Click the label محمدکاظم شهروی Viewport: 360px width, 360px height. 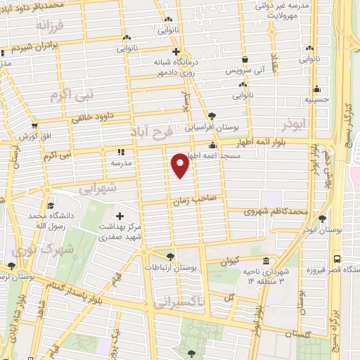tap(276, 211)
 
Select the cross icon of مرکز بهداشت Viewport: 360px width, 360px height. tap(119, 217)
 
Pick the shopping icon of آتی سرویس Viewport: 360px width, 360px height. tap(245, 60)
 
